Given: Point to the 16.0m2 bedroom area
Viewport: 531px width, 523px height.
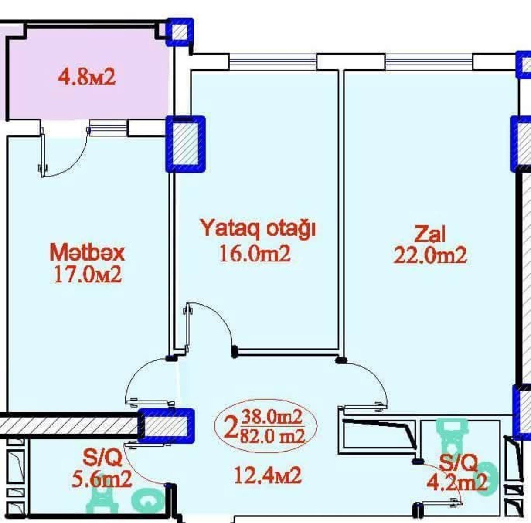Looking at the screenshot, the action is click(255, 254).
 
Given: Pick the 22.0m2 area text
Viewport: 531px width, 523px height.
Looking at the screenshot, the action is click(430, 255).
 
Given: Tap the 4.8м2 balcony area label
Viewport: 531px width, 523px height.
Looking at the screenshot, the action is click(87, 77).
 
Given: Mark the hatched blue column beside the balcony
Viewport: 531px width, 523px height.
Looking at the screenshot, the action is click(185, 144).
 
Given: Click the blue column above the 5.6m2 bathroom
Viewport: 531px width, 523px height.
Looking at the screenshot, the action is click(166, 426).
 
